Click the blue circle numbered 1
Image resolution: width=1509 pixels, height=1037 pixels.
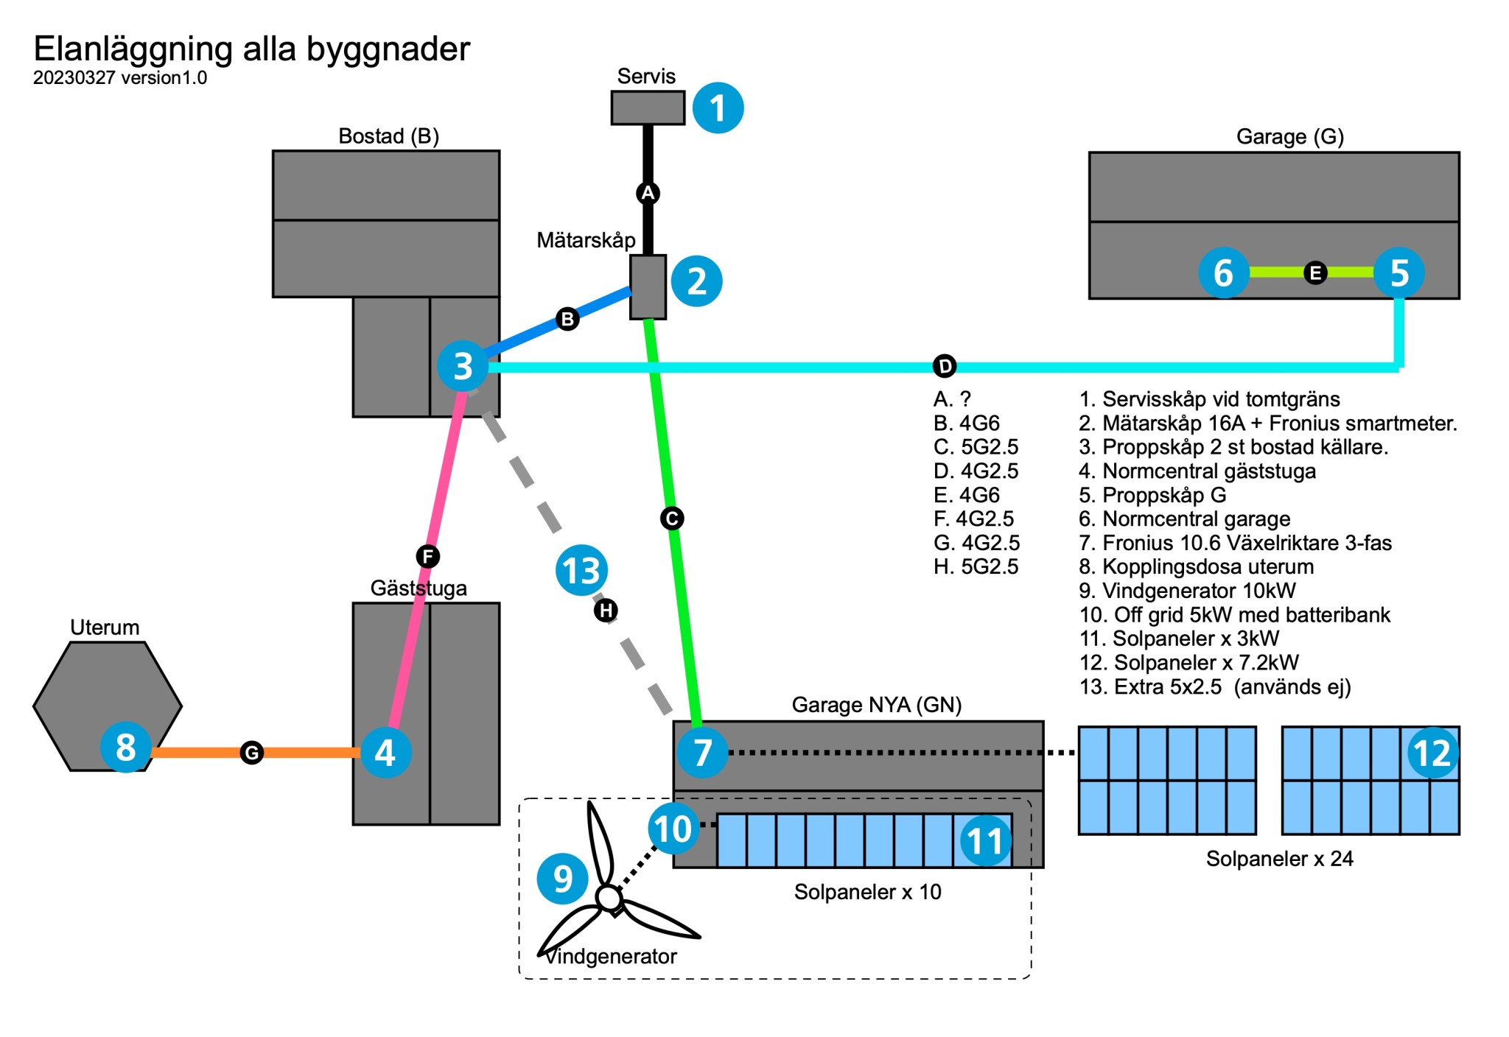tap(718, 108)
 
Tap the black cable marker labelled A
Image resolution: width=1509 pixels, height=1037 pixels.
tap(648, 193)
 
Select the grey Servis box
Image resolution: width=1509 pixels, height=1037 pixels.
tap(648, 108)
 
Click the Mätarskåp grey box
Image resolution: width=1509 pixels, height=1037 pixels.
tap(648, 287)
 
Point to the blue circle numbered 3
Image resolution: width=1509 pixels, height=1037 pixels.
tap(463, 366)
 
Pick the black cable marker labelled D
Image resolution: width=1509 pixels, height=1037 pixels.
tap(945, 366)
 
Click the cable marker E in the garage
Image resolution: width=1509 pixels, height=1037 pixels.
tap(1315, 273)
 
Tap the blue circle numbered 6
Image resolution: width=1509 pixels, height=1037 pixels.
tap(1223, 273)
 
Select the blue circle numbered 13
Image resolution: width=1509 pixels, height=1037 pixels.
tap(581, 570)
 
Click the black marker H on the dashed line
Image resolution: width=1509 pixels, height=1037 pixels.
tap(606, 610)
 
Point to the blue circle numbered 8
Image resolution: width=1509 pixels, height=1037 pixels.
tap(126, 747)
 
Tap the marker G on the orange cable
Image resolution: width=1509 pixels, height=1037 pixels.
tap(252, 753)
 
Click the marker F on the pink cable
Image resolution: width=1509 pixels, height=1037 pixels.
tap(427, 556)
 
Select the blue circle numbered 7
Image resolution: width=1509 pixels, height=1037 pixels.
tap(702, 753)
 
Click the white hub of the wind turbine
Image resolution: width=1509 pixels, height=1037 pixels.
tap(609, 898)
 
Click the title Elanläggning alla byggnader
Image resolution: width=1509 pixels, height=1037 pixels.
tap(252, 49)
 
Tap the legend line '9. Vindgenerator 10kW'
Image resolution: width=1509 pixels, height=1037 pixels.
tap(1187, 591)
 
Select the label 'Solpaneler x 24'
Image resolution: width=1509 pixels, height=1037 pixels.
tap(1279, 859)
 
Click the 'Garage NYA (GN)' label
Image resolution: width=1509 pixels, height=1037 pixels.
tap(877, 705)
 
